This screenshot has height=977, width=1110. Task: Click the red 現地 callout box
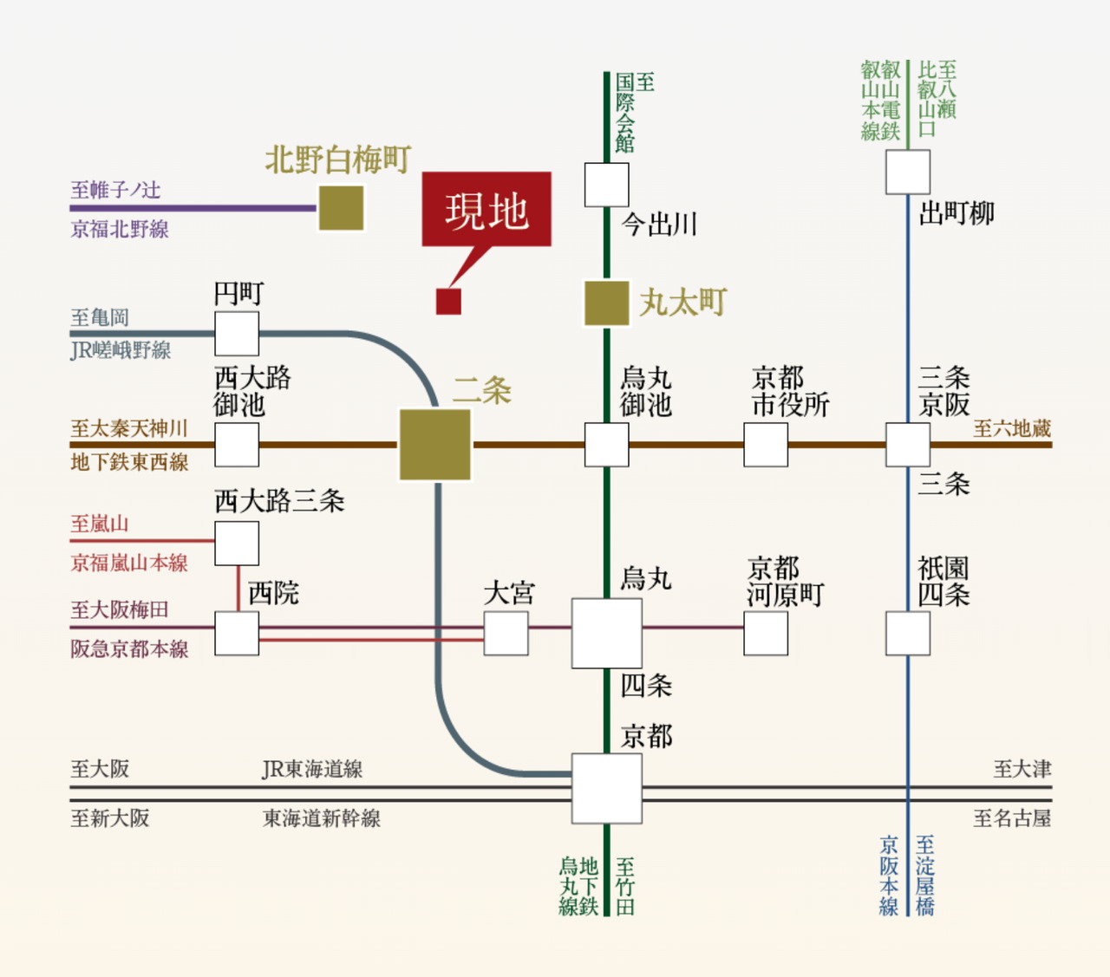[486, 209]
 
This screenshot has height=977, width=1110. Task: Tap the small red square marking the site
[448, 301]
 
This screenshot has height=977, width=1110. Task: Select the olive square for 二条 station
[435, 445]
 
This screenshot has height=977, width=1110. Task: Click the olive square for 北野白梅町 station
[341, 208]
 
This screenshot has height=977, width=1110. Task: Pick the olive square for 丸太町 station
[606, 303]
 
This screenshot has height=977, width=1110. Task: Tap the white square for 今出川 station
[606, 185]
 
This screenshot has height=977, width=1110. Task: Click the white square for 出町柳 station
[908, 172]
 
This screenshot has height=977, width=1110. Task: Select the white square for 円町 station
[237, 334]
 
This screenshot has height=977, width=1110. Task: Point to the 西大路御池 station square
[237, 445]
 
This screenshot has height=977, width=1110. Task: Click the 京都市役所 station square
[766, 445]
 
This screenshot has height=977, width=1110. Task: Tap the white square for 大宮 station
[506, 633]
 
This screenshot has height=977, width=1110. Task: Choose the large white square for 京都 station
[606, 788]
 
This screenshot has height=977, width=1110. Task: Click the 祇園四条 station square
[908, 633]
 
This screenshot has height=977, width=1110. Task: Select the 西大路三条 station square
[237, 543]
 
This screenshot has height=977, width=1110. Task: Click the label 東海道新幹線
[322, 818]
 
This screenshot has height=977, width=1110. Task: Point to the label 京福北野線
[120, 229]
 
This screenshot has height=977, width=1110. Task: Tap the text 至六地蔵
[1012, 428]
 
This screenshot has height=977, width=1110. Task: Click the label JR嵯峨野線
[121, 350]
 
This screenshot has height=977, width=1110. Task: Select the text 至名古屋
[1012, 818]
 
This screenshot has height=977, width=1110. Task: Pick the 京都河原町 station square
[766, 633]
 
